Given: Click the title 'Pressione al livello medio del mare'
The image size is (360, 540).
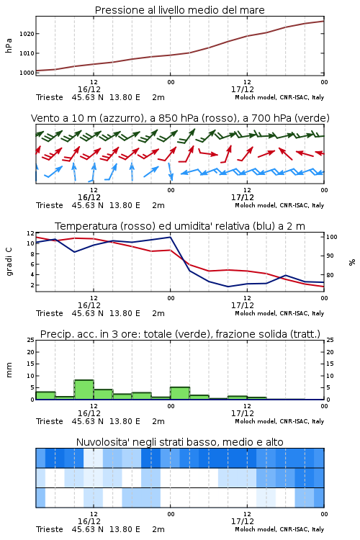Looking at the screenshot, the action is tap(179, 10).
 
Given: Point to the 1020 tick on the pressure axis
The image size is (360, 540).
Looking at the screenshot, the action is tap(27, 34).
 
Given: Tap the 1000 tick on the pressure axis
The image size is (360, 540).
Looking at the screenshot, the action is tap(27, 73).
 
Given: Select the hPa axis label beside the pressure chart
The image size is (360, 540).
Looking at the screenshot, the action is tap(9, 45).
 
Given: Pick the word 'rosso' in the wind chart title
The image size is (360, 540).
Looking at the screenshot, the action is tap(214, 118).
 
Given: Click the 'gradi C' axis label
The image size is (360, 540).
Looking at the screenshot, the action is tap(9, 262).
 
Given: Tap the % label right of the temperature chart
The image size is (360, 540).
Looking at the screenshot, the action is tap(352, 262).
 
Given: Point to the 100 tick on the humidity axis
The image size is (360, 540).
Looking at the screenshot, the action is tap(331, 237).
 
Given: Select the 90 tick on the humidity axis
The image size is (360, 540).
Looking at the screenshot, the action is tap(330, 256).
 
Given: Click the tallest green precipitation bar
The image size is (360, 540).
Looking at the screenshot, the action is tap(84, 390).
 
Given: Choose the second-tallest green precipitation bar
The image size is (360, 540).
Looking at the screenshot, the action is tap(180, 393).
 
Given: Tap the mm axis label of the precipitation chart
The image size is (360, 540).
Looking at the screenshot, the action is tap(9, 370).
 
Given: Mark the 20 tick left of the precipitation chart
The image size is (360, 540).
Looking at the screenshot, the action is tap(31, 352).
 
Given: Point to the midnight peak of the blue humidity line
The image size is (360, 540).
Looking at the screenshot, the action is tap(171, 237).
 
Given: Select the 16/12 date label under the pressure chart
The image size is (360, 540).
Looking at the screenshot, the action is tap(89, 89).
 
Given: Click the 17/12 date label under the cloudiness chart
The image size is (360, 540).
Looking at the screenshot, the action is tap(243, 521).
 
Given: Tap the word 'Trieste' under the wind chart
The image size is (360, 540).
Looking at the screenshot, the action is tap(50, 205).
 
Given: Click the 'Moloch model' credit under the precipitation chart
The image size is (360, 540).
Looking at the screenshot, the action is tap(256, 421).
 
